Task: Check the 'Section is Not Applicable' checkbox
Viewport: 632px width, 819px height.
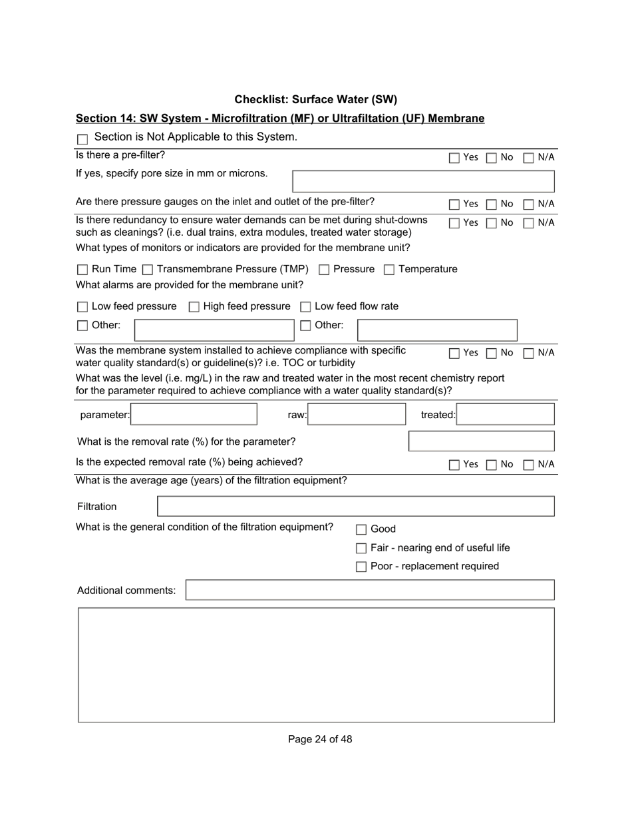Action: pyautogui.click(x=82, y=140)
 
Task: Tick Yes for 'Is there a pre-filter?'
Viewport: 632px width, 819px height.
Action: pyautogui.click(x=454, y=158)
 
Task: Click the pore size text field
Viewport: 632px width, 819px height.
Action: pyautogui.click(x=423, y=181)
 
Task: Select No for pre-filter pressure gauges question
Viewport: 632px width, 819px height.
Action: pyautogui.click(x=492, y=204)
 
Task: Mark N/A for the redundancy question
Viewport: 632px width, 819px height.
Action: pyautogui.click(x=529, y=224)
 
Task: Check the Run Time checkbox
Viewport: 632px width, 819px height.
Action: pyautogui.click(x=82, y=270)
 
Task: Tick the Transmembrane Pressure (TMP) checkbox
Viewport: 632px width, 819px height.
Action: pyautogui.click(x=148, y=270)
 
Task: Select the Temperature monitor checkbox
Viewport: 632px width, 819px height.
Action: pyautogui.click(x=389, y=270)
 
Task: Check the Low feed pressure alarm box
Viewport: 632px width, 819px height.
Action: pyautogui.click(x=82, y=307)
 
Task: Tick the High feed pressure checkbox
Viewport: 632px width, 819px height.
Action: pyautogui.click(x=194, y=307)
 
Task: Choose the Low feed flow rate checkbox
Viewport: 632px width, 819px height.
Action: pyautogui.click(x=305, y=307)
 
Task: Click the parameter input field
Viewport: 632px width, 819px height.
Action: pyautogui.click(x=194, y=414)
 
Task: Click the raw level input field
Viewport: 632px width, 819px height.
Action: pyautogui.click(x=357, y=414)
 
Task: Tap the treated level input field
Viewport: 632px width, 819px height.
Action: pyautogui.click(x=506, y=414)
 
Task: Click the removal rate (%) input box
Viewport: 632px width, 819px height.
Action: pyautogui.click(x=481, y=441)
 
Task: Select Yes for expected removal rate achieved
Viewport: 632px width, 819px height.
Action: pyautogui.click(x=454, y=465)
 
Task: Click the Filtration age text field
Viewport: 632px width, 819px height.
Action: pyautogui.click(x=355, y=506)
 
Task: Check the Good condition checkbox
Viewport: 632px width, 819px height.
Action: pyautogui.click(x=361, y=530)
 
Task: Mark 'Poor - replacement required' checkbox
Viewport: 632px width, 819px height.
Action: pyautogui.click(x=361, y=567)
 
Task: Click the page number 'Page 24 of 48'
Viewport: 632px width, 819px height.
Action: pyautogui.click(x=320, y=739)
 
